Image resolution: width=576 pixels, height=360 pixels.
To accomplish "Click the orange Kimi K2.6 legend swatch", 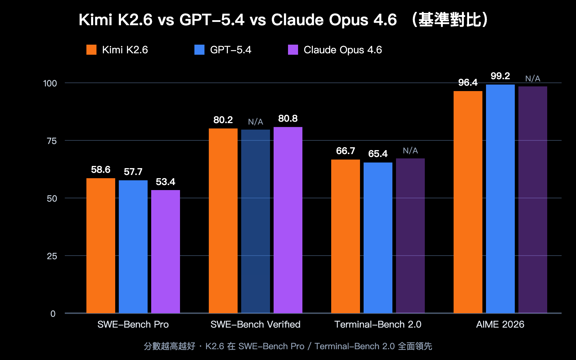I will click(91, 50).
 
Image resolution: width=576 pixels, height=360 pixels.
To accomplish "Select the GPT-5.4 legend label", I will click(230, 50).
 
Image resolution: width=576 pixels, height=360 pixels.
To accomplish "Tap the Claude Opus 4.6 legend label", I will click(342, 50).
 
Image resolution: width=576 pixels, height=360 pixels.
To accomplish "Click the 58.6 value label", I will click(100, 170).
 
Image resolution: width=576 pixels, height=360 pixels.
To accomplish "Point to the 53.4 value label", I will click(165, 182).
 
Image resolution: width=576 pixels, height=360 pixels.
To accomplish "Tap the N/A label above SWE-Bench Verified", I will click(255, 122).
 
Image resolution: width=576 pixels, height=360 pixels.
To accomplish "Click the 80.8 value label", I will click(288, 118).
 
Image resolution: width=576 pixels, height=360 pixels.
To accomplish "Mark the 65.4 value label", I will click(378, 154).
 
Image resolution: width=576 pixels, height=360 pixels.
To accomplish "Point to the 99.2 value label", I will click(500, 76).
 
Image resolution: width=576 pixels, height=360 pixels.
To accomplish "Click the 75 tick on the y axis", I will click(52, 141).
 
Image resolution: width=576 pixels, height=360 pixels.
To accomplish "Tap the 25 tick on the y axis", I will click(52, 256).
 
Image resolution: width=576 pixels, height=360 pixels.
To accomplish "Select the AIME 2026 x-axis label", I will click(500, 324).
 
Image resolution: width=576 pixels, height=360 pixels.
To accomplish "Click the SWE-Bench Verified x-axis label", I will click(255, 324).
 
